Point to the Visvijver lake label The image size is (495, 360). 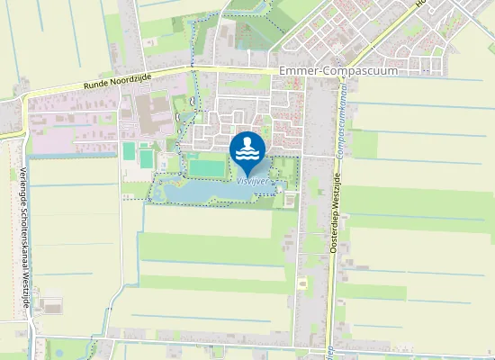251,180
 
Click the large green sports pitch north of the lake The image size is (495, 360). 206,166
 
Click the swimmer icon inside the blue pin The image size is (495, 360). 247,142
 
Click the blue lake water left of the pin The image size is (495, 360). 193,192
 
